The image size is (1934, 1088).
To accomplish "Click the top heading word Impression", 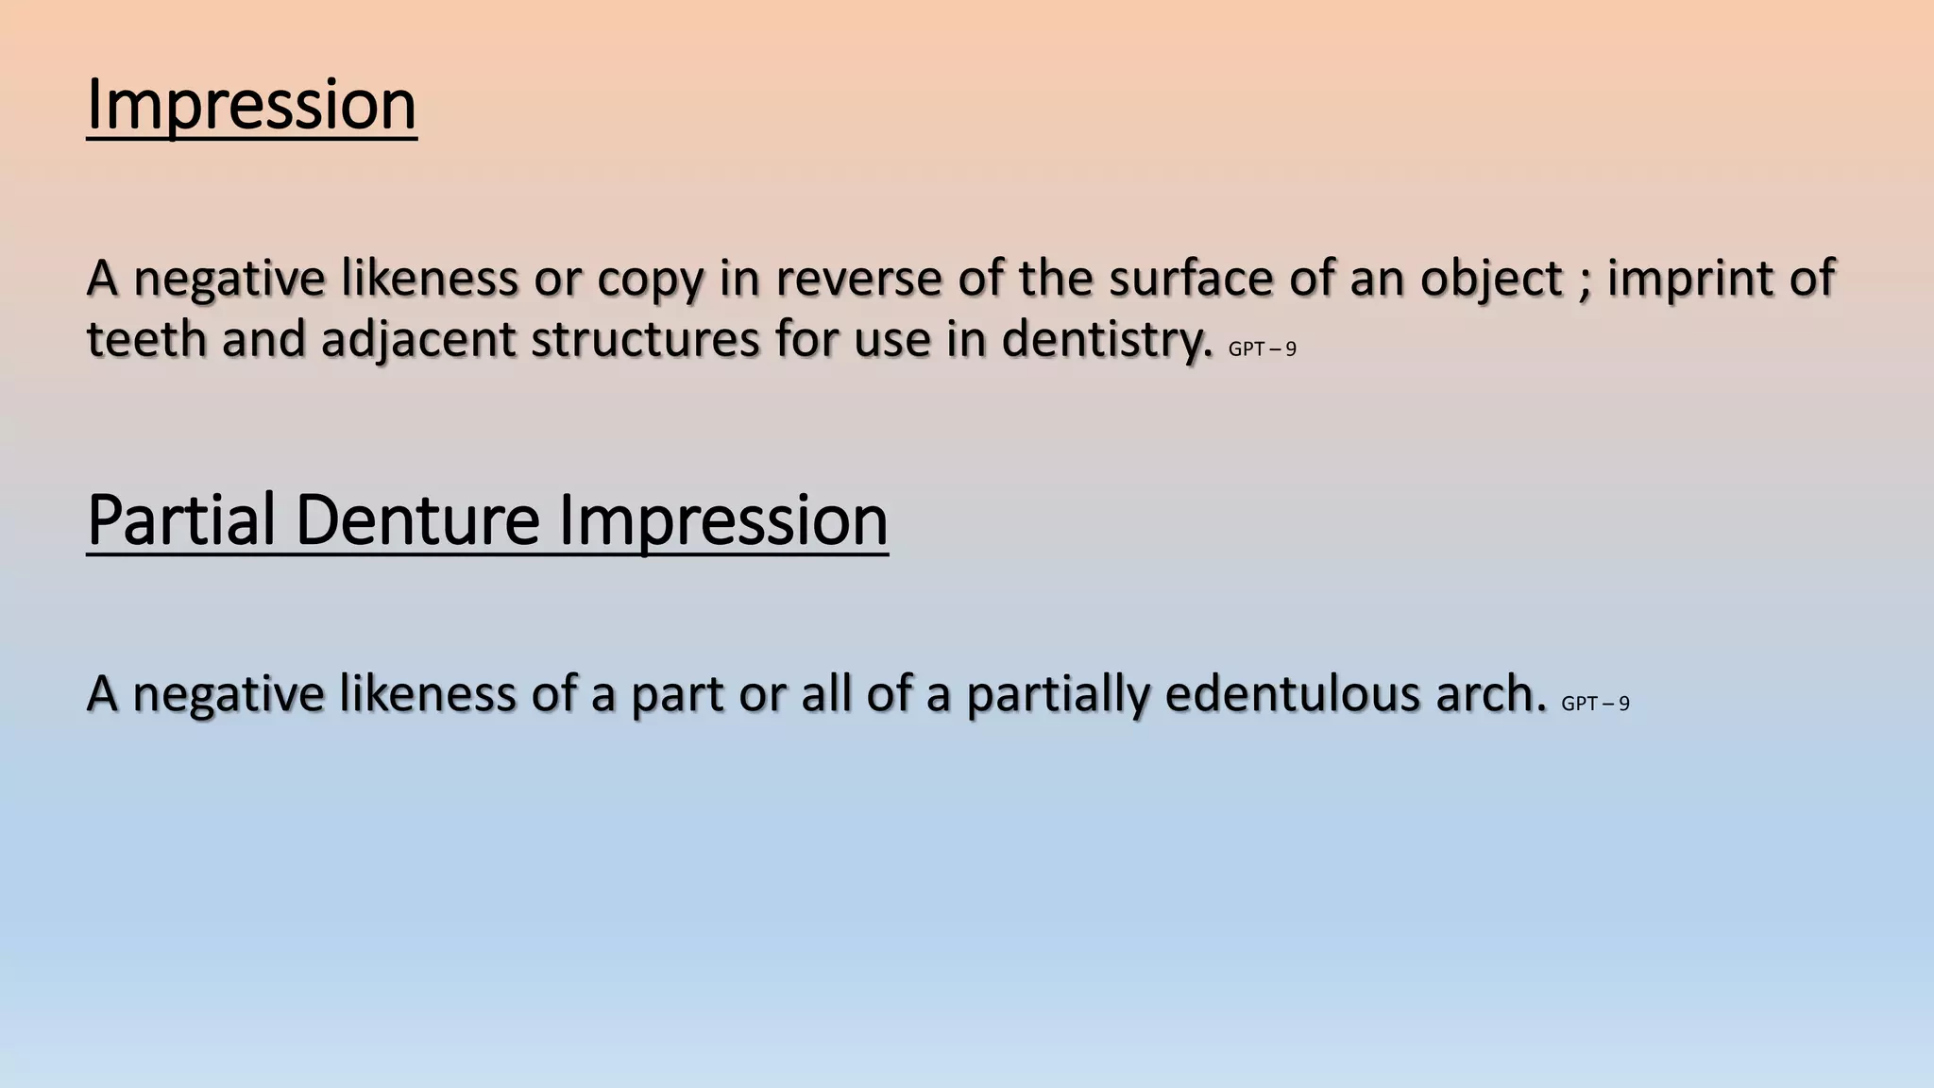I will (x=251, y=105).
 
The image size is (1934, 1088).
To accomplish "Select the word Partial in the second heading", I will (x=180, y=520).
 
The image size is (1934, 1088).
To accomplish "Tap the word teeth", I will (x=146, y=339).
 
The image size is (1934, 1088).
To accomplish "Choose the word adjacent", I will (x=418, y=341).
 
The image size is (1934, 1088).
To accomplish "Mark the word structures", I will (x=645, y=339).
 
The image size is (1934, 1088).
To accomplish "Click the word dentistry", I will (x=1106, y=339).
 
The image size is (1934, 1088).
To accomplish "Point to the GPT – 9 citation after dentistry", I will (x=1262, y=349).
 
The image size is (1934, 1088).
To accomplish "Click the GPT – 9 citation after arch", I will (x=1595, y=704).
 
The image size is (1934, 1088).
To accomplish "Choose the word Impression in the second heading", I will (x=723, y=520).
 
